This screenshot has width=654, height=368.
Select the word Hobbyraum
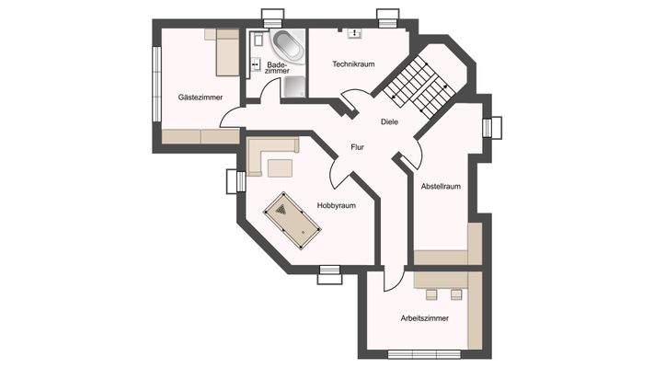(x=336, y=205)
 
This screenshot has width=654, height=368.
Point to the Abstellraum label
(x=440, y=187)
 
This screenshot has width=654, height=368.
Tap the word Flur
(x=358, y=146)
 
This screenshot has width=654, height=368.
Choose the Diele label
(x=389, y=122)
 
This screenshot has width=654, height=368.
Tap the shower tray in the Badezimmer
(x=295, y=86)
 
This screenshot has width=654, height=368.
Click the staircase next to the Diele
(x=419, y=86)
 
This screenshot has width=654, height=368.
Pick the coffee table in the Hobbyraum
(x=279, y=167)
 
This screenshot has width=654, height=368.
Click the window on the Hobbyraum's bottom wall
(x=329, y=270)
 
